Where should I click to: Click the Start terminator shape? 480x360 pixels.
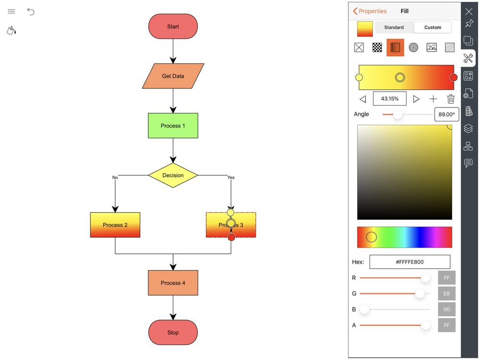(x=173, y=26)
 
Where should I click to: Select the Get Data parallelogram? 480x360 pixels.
(x=173, y=76)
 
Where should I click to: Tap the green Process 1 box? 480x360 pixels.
(x=173, y=126)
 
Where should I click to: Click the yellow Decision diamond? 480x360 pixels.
(x=173, y=175)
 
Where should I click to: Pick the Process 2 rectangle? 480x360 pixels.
(x=115, y=225)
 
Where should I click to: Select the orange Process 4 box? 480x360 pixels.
(x=173, y=283)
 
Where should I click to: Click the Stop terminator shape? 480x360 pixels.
(x=173, y=332)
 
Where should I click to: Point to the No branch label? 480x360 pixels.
(x=115, y=178)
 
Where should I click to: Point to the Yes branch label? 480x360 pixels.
(x=231, y=178)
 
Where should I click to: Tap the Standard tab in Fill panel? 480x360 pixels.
(x=394, y=27)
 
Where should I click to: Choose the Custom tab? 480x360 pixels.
(x=432, y=27)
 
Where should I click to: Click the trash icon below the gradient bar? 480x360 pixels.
(x=451, y=99)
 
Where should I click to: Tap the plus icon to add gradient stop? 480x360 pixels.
(x=433, y=99)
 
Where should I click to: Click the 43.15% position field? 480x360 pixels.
(x=389, y=99)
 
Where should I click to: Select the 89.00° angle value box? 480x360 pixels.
(x=446, y=114)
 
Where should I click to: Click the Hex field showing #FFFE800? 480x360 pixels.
(x=409, y=262)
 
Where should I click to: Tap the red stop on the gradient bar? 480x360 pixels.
(x=453, y=77)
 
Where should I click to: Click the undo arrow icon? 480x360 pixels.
(x=31, y=12)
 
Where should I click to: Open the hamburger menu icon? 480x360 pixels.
(x=12, y=12)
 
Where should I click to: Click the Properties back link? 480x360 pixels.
(x=370, y=11)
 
